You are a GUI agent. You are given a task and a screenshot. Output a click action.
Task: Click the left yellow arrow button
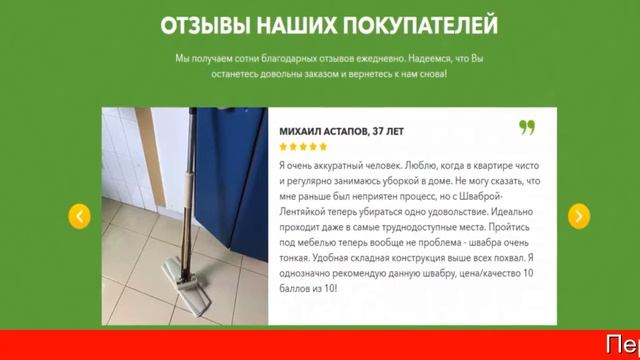(x=79, y=216)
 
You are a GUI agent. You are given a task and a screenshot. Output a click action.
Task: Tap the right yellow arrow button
(x=578, y=216)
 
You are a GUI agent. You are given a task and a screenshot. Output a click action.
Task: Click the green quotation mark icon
(x=527, y=127)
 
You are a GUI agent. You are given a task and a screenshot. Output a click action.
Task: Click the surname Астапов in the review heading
(x=354, y=130)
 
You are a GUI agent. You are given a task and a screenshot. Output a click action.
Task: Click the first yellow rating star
(x=283, y=147)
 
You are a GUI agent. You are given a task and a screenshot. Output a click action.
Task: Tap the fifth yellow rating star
(x=323, y=147)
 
